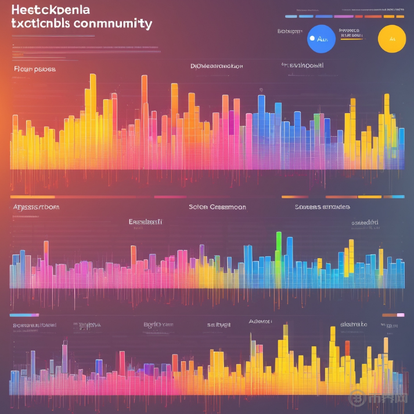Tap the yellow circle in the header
[391, 39]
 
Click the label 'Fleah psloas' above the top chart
[34, 68]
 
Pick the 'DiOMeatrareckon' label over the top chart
[217, 66]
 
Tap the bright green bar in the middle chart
[279, 246]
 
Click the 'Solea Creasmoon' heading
[217, 206]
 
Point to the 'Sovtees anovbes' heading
[322, 206]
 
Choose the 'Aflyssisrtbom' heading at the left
[36, 206]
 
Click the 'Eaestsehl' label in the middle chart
[145, 221]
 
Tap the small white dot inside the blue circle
[312, 38]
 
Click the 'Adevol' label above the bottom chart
[260, 321]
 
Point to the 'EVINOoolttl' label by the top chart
[303, 66]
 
